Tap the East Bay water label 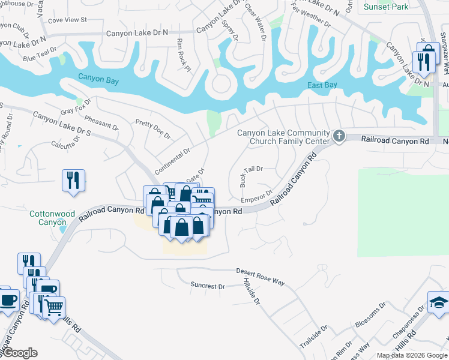(322, 85)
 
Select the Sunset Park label (386, 7)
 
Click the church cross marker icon (339, 137)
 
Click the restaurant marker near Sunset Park (423, 61)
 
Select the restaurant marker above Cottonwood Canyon (73, 180)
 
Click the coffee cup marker (8, 300)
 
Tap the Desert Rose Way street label (260, 277)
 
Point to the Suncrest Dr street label (207, 286)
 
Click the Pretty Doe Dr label (153, 127)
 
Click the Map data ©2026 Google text (412, 355)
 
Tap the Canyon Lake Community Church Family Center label (283, 137)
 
